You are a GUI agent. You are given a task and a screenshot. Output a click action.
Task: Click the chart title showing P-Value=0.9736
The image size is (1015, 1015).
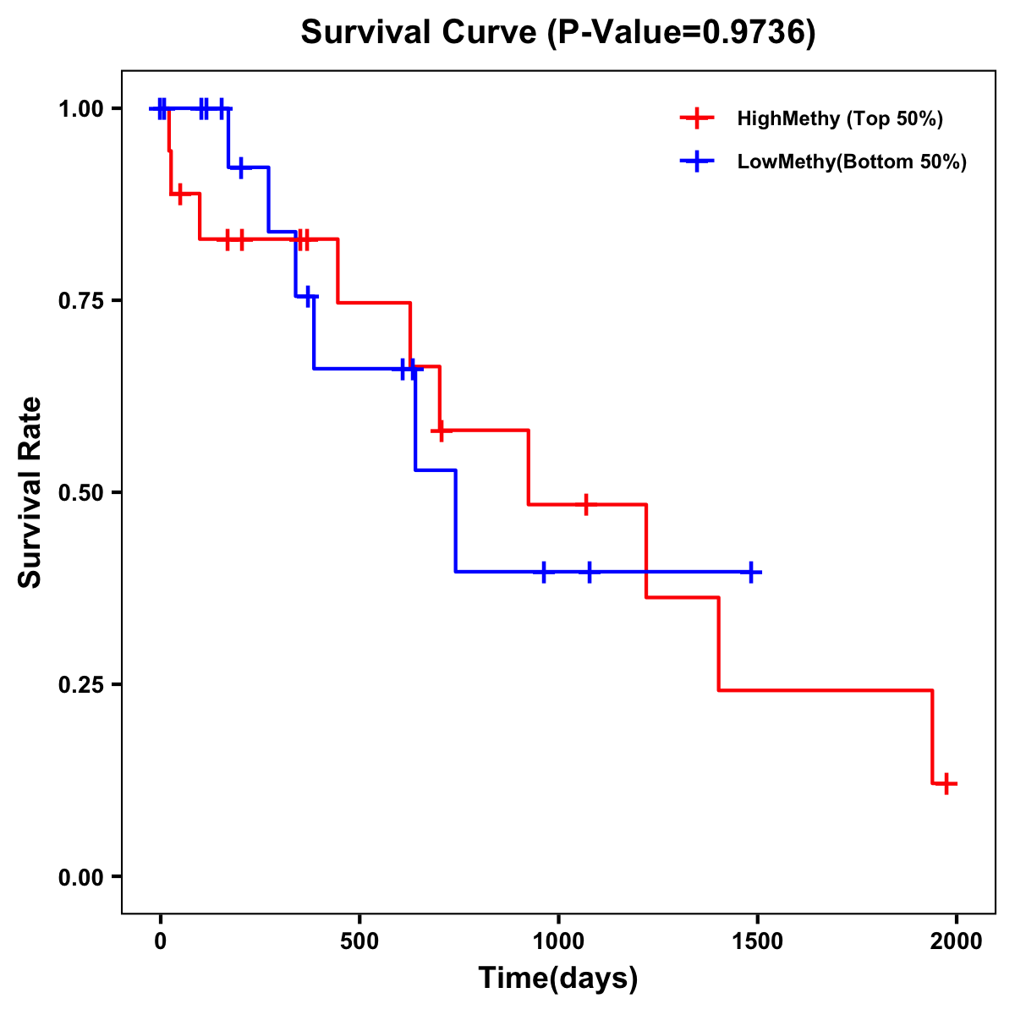point(558,33)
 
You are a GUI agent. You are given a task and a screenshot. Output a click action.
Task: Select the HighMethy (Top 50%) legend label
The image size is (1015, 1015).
point(840,118)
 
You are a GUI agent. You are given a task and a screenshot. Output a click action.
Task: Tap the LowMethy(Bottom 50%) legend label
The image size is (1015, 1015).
point(852,162)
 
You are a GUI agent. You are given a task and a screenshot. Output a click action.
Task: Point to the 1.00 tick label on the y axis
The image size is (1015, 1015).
point(80,109)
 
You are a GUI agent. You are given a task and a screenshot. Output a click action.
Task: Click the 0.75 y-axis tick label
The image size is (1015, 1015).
point(80,301)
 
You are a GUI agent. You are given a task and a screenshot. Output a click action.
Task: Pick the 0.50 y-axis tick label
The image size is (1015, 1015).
point(80,493)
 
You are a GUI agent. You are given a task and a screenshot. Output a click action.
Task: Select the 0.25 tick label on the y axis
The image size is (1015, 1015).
point(80,685)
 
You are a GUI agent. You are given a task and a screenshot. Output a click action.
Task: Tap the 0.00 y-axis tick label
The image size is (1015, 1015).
point(80,877)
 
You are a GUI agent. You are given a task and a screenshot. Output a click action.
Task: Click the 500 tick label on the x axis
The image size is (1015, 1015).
point(359,941)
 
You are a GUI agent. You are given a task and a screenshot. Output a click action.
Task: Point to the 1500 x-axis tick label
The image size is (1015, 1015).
point(758,941)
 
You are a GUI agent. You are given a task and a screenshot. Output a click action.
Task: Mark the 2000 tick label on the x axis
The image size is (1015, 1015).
point(957,941)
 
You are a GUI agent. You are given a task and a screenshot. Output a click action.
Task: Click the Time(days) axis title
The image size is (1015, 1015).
point(558,979)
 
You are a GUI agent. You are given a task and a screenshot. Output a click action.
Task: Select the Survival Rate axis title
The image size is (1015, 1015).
point(30,492)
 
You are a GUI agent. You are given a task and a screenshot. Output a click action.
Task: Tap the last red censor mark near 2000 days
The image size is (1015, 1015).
point(947,783)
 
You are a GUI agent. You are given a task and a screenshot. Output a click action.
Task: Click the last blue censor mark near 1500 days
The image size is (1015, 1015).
point(750,572)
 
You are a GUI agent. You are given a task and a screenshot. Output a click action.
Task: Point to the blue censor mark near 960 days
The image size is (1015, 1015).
point(544,572)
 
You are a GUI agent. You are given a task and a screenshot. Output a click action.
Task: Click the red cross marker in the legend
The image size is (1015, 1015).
point(696,118)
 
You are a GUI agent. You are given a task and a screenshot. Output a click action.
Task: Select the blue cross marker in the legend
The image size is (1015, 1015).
point(696,162)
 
